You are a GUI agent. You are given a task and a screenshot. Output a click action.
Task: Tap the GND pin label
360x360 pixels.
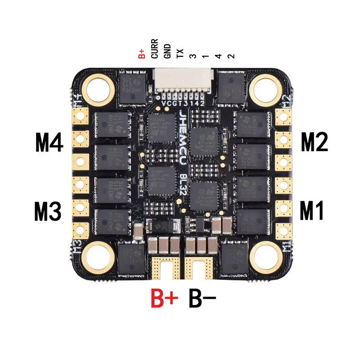click(x=167, y=52)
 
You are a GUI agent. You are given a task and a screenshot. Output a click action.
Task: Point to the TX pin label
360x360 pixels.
click(x=180, y=54)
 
